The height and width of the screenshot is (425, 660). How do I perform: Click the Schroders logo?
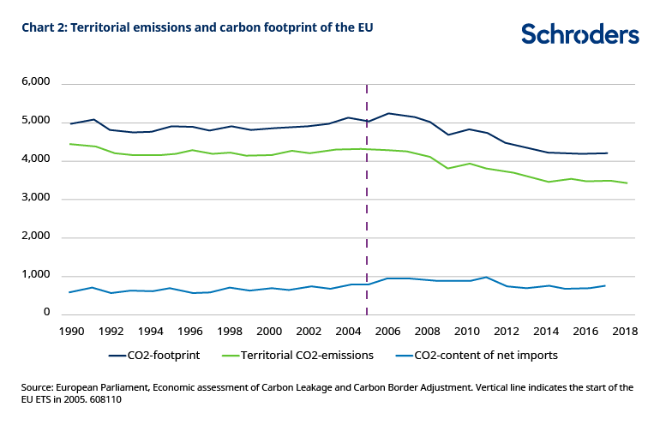(x=579, y=33)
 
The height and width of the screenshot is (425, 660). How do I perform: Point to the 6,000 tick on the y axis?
(x=35, y=83)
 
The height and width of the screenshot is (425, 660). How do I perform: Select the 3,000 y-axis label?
(x=35, y=198)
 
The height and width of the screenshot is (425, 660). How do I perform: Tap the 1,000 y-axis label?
(x=35, y=275)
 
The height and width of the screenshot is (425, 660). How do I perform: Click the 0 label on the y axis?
(x=48, y=313)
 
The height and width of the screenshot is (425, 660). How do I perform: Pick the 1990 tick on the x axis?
(x=70, y=331)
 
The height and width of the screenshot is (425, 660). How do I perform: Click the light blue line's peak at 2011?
(x=486, y=277)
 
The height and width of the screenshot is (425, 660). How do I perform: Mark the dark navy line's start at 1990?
(x=70, y=124)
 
